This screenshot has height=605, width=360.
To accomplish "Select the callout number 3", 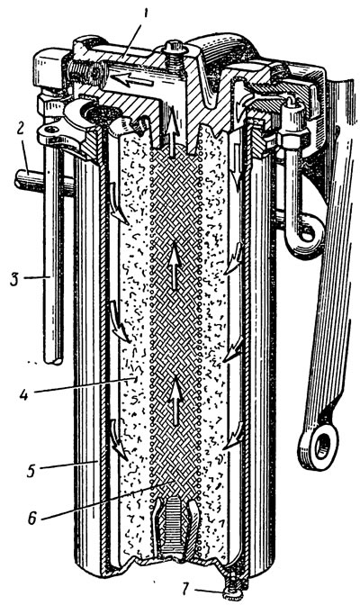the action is tap(14, 278).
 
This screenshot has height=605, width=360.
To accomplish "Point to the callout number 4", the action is tap(24, 393).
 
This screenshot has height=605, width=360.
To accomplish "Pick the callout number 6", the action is tap(31, 517).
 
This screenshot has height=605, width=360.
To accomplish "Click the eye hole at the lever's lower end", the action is tap(322, 446).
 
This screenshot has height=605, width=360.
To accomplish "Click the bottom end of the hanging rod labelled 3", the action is tap(53, 361).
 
